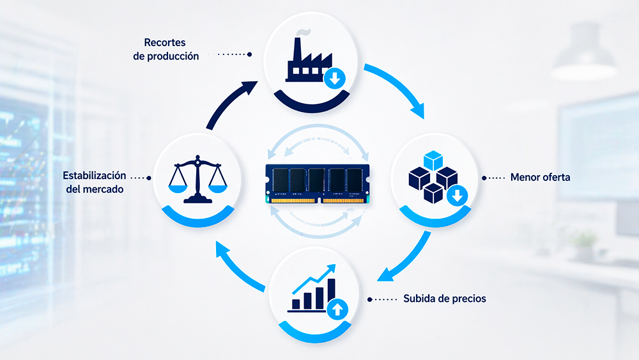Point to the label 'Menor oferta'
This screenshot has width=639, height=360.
(x=540, y=177)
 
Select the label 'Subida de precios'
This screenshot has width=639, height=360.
(x=444, y=299)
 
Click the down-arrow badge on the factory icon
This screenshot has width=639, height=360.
(x=335, y=79)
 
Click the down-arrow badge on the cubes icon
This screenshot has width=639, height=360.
(x=457, y=196)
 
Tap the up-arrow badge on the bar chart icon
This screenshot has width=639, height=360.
(x=336, y=310)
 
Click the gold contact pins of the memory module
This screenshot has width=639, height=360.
(x=318, y=201)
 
